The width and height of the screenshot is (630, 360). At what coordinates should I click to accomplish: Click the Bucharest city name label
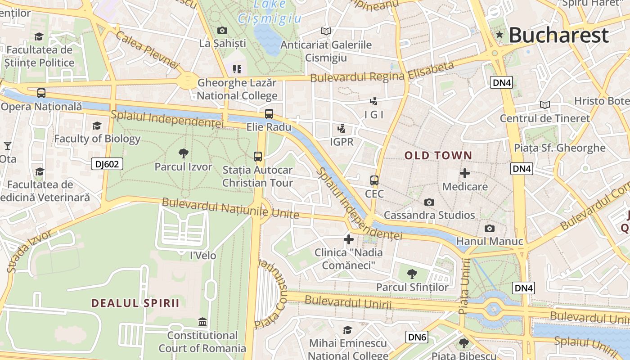click(558, 35)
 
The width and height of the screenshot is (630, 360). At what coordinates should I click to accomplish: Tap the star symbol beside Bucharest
click(499, 35)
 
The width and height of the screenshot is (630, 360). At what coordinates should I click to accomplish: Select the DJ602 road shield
click(107, 164)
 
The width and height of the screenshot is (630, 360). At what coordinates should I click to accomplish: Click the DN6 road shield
click(417, 337)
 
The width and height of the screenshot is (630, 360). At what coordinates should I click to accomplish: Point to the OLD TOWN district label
click(438, 156)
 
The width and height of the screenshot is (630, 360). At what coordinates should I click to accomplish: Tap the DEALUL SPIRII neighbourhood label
click(135, 303)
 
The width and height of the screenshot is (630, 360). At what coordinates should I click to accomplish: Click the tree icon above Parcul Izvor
click(183, 153)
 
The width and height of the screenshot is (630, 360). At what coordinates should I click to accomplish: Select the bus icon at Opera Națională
click(41, 93)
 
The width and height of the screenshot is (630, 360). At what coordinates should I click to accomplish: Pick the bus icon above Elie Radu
click(269, 114)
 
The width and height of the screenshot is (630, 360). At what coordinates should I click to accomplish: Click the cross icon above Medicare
click(465, 173)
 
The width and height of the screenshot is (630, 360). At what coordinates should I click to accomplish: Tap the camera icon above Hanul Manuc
click(490, 228)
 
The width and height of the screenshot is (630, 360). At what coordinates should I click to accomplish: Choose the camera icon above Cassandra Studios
click(429, 202)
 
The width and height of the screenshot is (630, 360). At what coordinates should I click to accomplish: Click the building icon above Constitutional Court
click(202, 322)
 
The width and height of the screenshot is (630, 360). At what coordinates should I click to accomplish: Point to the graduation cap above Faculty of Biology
click(97, 126)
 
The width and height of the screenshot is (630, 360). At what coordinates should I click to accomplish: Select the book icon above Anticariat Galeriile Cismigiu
click(326, 31)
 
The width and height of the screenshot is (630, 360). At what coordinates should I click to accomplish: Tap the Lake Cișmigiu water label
click(269, 12)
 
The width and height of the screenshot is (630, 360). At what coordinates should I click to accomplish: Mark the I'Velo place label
click(203, 256)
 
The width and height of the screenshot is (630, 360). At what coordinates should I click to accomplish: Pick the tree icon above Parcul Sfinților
click(412, 274)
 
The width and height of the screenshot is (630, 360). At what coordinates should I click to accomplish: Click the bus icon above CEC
click(374, 180)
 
